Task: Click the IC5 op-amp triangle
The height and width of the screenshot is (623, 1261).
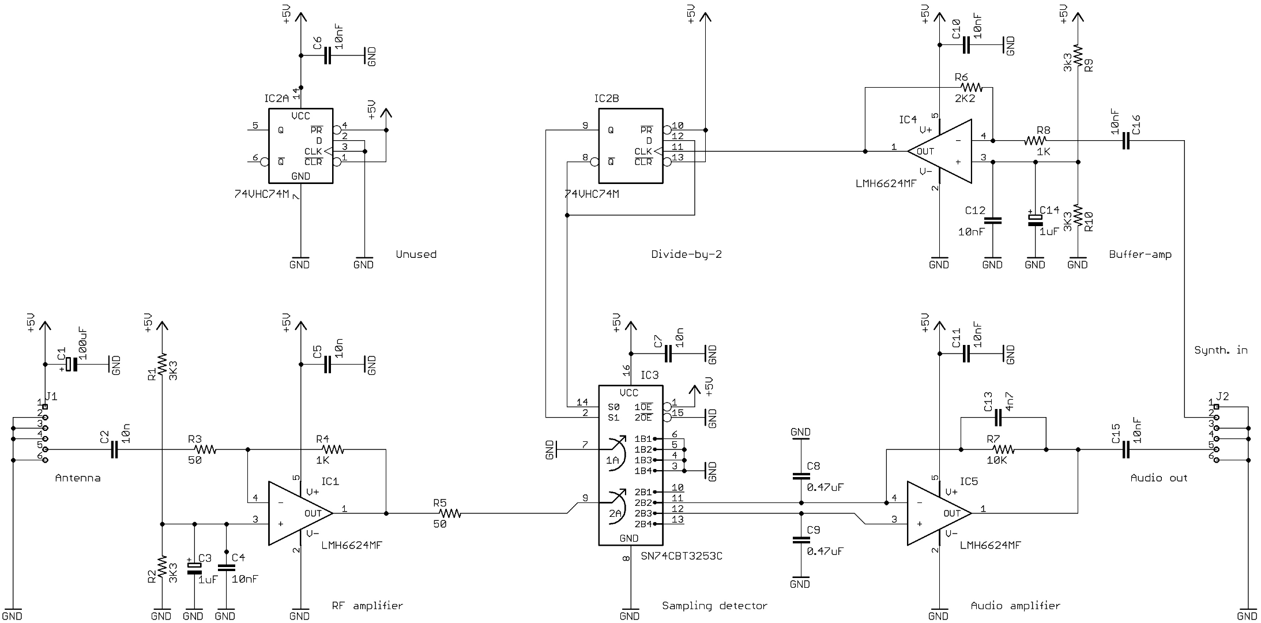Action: pos(938,513)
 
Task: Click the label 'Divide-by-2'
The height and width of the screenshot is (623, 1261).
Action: pos(686,254)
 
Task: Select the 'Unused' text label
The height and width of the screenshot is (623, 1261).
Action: pos(416,254)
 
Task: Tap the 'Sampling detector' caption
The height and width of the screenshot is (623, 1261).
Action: pos(714,606)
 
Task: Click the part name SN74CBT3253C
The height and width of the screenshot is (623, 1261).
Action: pos(682,557)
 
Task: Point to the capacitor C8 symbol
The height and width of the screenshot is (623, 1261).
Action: pos(800,476)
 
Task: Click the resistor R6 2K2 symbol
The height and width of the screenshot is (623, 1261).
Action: pos(971,88)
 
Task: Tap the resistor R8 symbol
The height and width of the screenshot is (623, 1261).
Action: pos(1036,140)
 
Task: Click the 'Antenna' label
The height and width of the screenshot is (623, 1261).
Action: pos(77,478)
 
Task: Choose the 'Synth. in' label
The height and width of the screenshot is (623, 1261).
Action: pos(1221,350)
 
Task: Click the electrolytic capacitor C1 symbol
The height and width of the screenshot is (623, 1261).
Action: pos(70,365)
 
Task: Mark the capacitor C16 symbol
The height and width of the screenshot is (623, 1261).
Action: pos(1126,140)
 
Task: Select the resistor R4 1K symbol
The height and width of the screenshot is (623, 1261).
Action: pos(333,449)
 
